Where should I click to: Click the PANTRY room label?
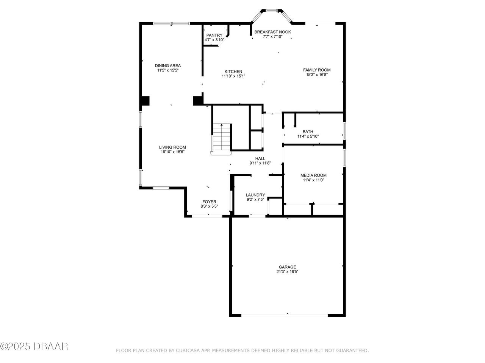click(x=214, y=35)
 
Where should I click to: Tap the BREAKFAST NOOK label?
click(x=272, y=32)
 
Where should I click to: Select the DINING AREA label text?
click(x=167, y=65)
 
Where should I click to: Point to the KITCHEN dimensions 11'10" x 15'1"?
click(x=233, y=76)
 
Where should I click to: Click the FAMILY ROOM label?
click(x=316, y=70)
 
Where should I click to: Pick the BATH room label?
click(x=308, y=132)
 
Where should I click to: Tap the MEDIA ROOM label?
click(x=313, y=175)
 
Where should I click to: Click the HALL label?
click(x=260, y=158)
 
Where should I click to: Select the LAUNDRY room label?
click(x=255, y=195)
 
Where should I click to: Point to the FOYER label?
click(x=209, y=202)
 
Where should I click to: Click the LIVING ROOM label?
click(x=172, y=147)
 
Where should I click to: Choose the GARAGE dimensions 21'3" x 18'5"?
click(x=287, y=271)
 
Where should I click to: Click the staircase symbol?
click(x=221, y=138)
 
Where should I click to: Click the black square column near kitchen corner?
click(x=198, y=101)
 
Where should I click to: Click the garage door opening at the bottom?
click(x=285, y=315)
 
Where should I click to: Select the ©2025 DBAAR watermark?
click(x=34, y=346)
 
